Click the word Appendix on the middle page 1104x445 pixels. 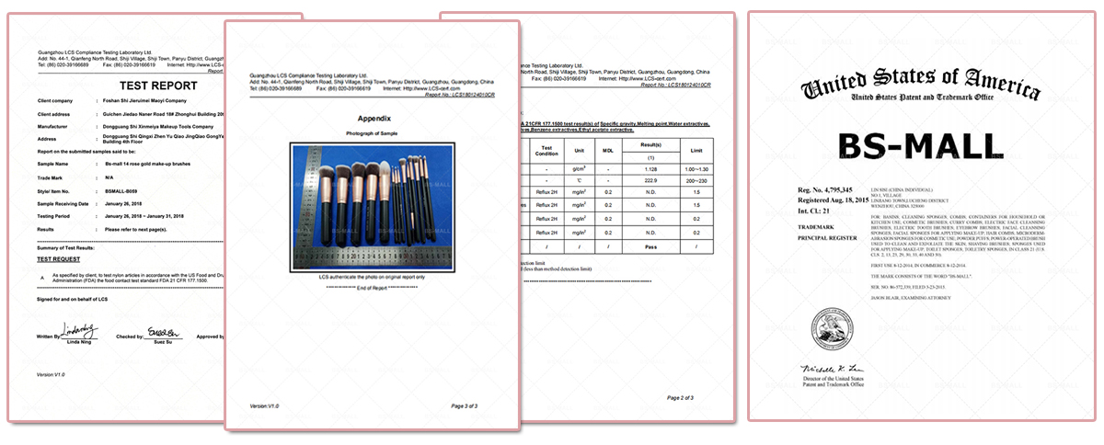(x=374, y=119)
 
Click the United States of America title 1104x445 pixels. (x=921, y=88)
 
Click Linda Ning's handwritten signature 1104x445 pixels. (x=79, y=330)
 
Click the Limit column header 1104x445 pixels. (x=697, y=150)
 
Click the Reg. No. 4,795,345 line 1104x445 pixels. (x=832, y=190)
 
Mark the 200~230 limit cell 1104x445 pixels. (x=697, y=181)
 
